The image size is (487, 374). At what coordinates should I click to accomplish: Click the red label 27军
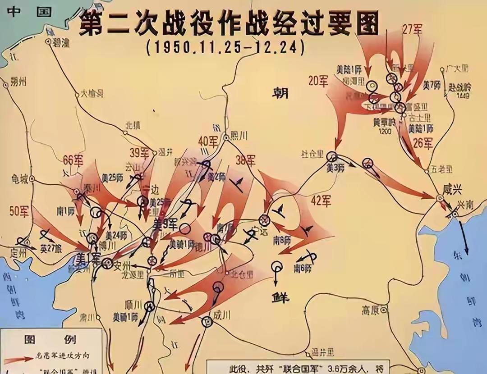pos(412,30)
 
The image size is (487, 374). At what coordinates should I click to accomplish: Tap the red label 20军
pos(318,81)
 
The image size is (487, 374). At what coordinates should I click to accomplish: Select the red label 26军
pos(423,143)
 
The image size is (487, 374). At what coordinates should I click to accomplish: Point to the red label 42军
pos(321,201)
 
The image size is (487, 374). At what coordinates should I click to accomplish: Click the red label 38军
pos(245,160)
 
